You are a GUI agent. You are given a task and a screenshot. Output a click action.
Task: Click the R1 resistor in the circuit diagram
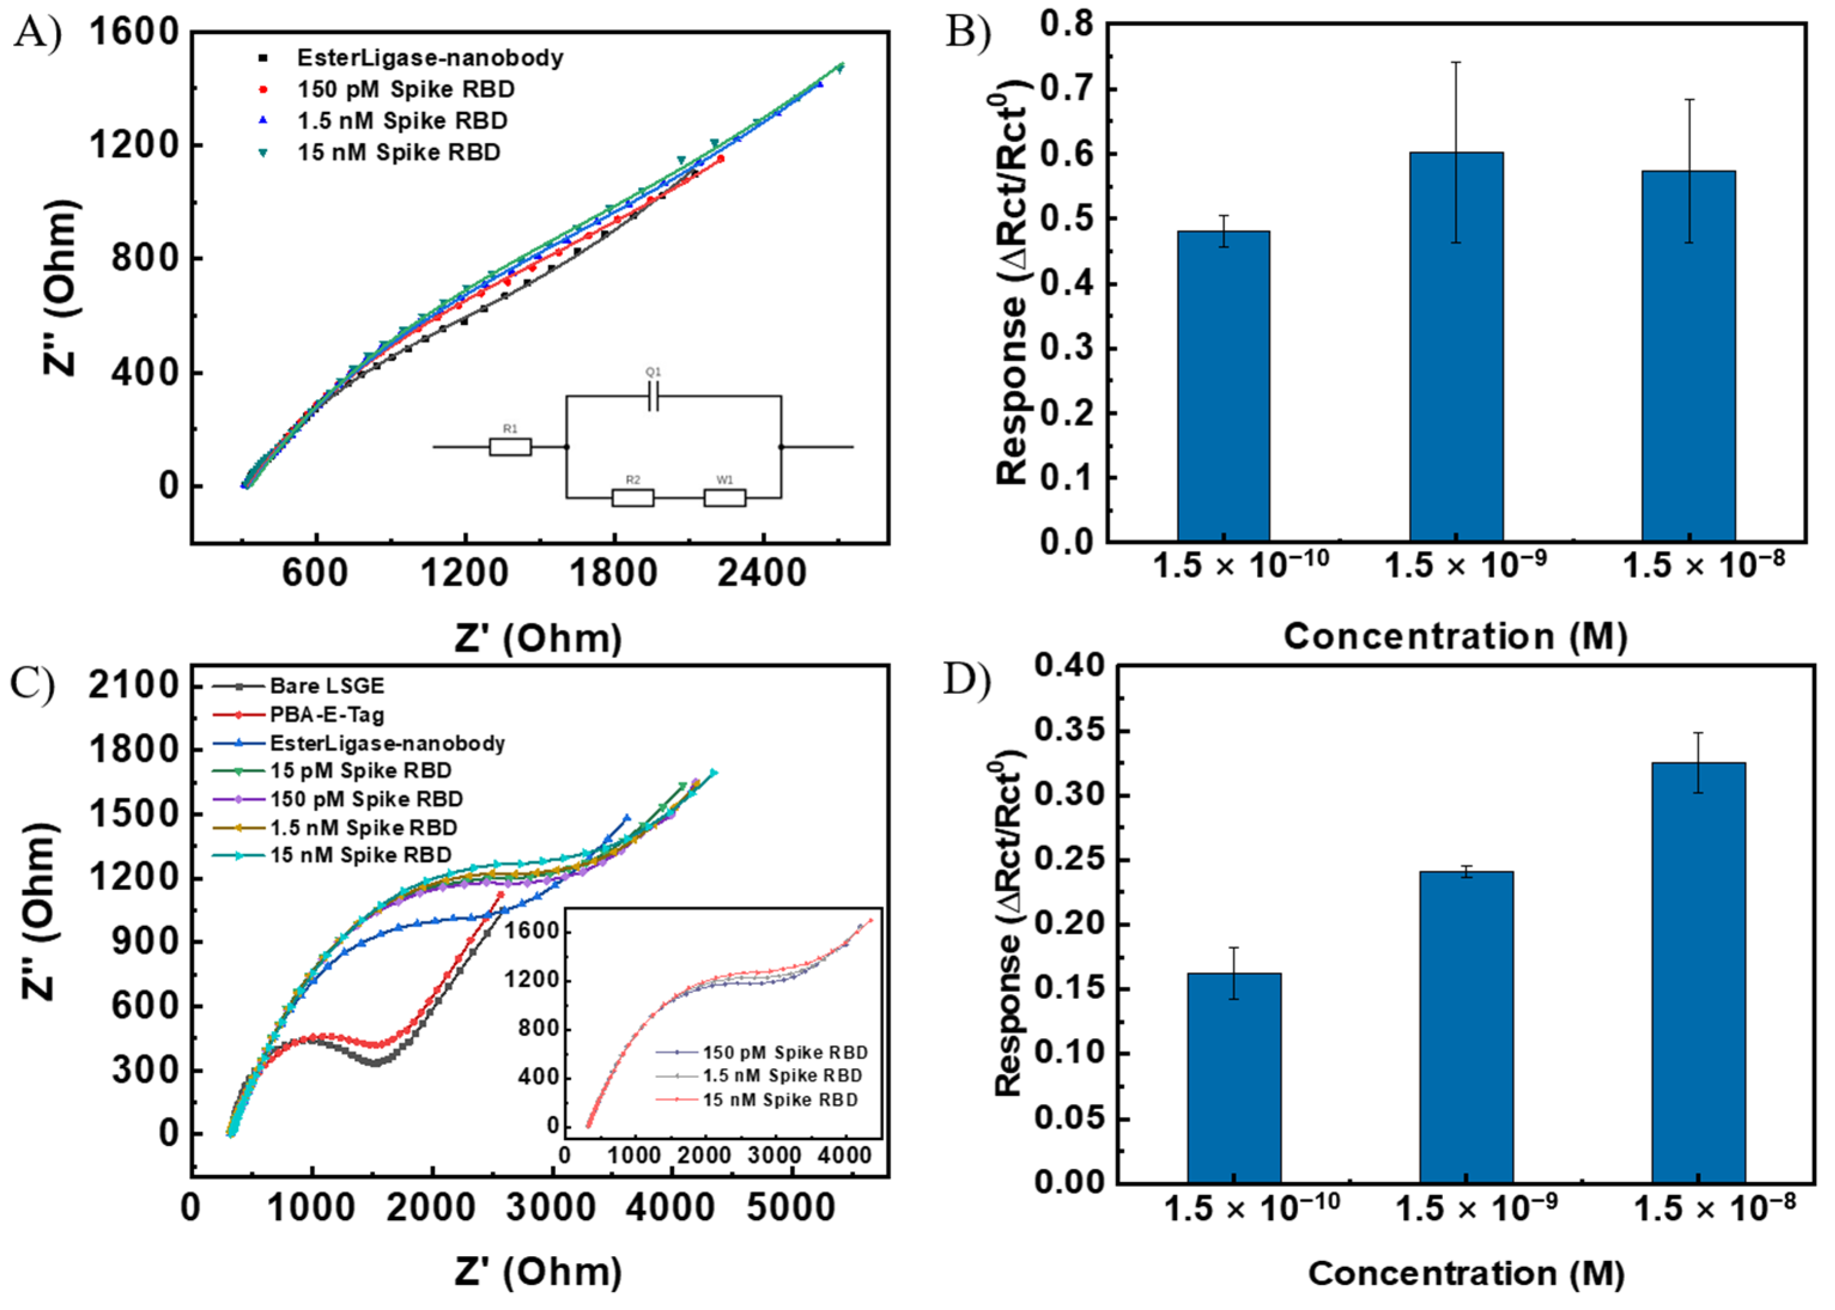(x=510, y=446)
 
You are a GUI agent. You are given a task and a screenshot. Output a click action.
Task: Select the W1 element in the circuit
(x=725, y=498)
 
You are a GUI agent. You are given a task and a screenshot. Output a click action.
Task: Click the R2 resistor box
(x=633, y=498)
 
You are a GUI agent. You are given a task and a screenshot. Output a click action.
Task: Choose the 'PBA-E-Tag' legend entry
(x=326, y=715)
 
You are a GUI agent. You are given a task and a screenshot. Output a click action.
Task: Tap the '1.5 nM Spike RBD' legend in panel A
(x=402, y=121)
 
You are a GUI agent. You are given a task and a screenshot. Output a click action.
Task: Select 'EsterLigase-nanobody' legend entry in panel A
(x=429, y=58)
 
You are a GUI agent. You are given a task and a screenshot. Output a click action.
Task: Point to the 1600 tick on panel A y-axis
(x=133, y=32)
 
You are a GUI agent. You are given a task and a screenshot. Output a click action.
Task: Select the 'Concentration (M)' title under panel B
(x=1455, y=636)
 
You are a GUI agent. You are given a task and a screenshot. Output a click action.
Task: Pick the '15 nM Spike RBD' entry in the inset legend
(x=779, y=1099)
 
